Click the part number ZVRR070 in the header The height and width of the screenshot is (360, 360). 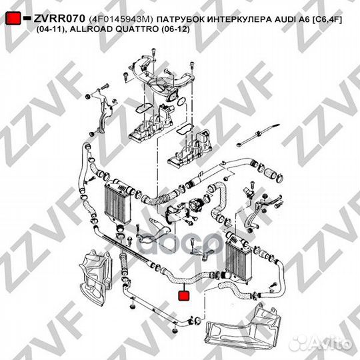(57, 20)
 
